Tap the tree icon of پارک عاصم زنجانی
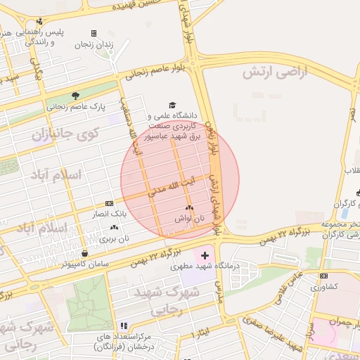pos(76,96)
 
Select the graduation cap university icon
pos(172,105)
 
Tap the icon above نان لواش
pos(188,208)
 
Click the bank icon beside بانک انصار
pos(108,202)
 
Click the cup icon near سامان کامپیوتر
pos(85,253)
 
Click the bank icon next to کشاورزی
pos(323,276)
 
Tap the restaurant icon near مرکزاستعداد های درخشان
pos(124,326)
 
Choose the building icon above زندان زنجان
pos(94,33)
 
